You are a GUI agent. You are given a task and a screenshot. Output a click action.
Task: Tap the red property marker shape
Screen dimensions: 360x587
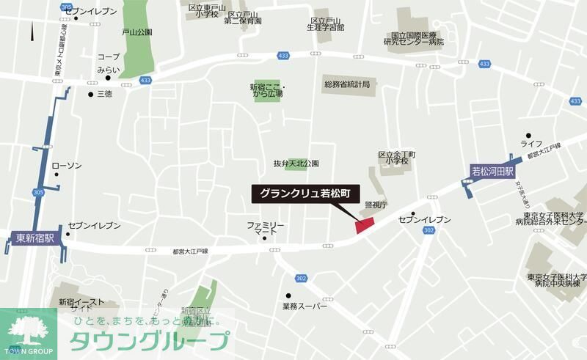coord(365,226)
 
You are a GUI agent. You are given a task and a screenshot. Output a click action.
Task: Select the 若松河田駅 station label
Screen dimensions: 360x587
coord(492,172)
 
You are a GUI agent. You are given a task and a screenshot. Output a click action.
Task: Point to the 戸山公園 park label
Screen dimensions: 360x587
coord(136,32)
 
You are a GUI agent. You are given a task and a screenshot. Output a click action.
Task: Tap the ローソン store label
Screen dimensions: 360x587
coord(67,166)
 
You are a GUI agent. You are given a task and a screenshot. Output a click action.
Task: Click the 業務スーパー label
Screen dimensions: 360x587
coord(307,306)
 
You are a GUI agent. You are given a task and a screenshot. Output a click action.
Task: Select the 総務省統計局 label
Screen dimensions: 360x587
coord(346,85)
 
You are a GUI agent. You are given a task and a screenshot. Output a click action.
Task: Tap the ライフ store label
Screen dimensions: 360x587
coord(531,143)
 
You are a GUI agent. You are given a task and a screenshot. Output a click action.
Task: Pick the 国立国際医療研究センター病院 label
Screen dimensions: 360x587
coord(418,38)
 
